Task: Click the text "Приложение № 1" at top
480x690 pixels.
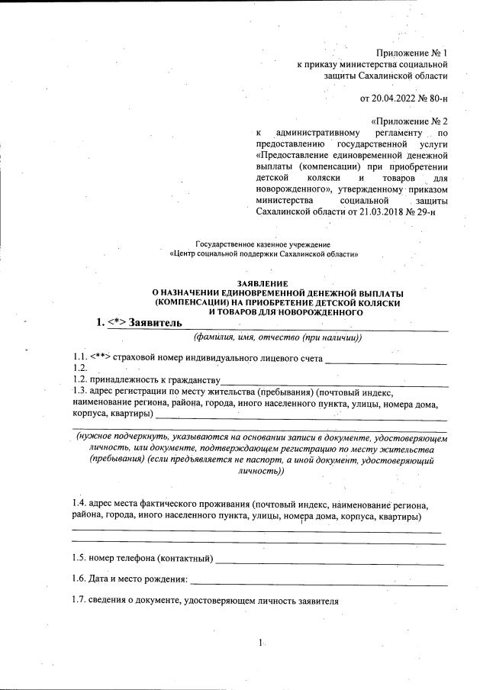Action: [x=412, y=53]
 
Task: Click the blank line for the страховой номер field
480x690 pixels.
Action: [x=385, y=359]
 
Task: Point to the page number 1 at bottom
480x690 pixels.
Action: [x=261, y=643]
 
